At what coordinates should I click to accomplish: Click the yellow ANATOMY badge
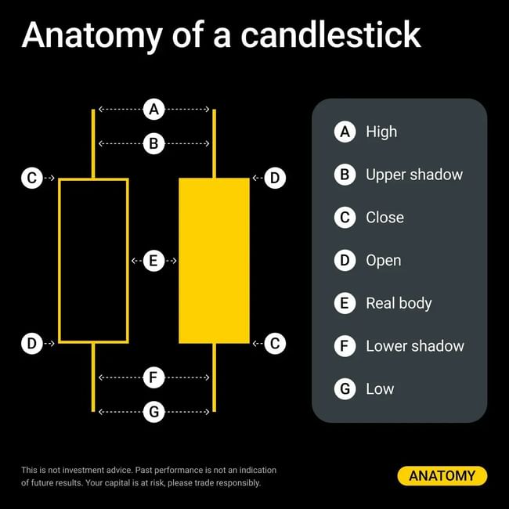[442, 476]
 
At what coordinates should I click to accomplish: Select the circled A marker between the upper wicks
[153, 109]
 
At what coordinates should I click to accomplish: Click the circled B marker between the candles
[153, 143]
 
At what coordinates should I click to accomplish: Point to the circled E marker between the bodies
[153, 261]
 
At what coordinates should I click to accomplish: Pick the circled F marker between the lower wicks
[153, 377]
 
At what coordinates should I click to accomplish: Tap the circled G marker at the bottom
[153, 412]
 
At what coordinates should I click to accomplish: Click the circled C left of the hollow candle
[32, 178]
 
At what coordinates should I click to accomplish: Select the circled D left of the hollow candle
[32, 343]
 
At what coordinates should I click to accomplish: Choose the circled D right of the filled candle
[275, 178]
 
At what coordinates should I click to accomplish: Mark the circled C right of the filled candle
[275, 343]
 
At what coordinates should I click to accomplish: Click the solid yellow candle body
[215, 261]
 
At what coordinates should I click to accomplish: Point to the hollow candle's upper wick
[93, 144]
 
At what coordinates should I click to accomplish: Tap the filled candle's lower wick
[215, 377]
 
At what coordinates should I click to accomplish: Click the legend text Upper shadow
[414, 175]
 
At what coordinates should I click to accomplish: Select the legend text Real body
[399, 304]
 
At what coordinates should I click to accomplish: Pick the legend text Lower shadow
[415, 346]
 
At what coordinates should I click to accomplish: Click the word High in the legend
[381, 132]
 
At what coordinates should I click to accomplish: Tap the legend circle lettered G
[345, 388]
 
